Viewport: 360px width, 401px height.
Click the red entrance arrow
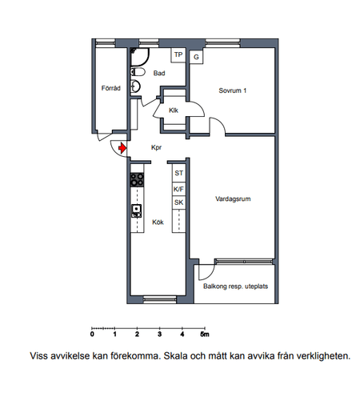pos(122,147)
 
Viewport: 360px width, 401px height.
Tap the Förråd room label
pos(111,88)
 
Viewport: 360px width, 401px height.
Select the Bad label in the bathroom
pos(159,73)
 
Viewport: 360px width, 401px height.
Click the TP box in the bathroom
pos(178,55)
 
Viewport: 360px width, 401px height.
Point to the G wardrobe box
pos(196,57)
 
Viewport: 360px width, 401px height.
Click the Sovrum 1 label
pos(233,90)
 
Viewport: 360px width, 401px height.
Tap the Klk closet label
pos(174,110)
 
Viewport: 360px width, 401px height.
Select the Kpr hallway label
pos(156,147)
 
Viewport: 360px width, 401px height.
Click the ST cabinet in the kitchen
pos(178,173)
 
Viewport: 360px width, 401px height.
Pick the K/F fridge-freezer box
pos(178,189)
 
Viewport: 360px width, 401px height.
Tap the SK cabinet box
pos(178,203)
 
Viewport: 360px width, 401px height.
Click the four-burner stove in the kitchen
pos(137,180)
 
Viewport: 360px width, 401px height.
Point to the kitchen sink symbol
pos(137,211)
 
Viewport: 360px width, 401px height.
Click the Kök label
pos(158,222)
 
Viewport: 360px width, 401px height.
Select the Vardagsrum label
pos(233,198)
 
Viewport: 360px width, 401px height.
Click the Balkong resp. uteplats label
pos(235,287)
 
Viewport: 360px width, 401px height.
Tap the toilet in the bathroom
pos(138,72)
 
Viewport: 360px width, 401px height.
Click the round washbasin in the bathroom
pos(135,86)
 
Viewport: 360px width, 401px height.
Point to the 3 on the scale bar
pos(159,334)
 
